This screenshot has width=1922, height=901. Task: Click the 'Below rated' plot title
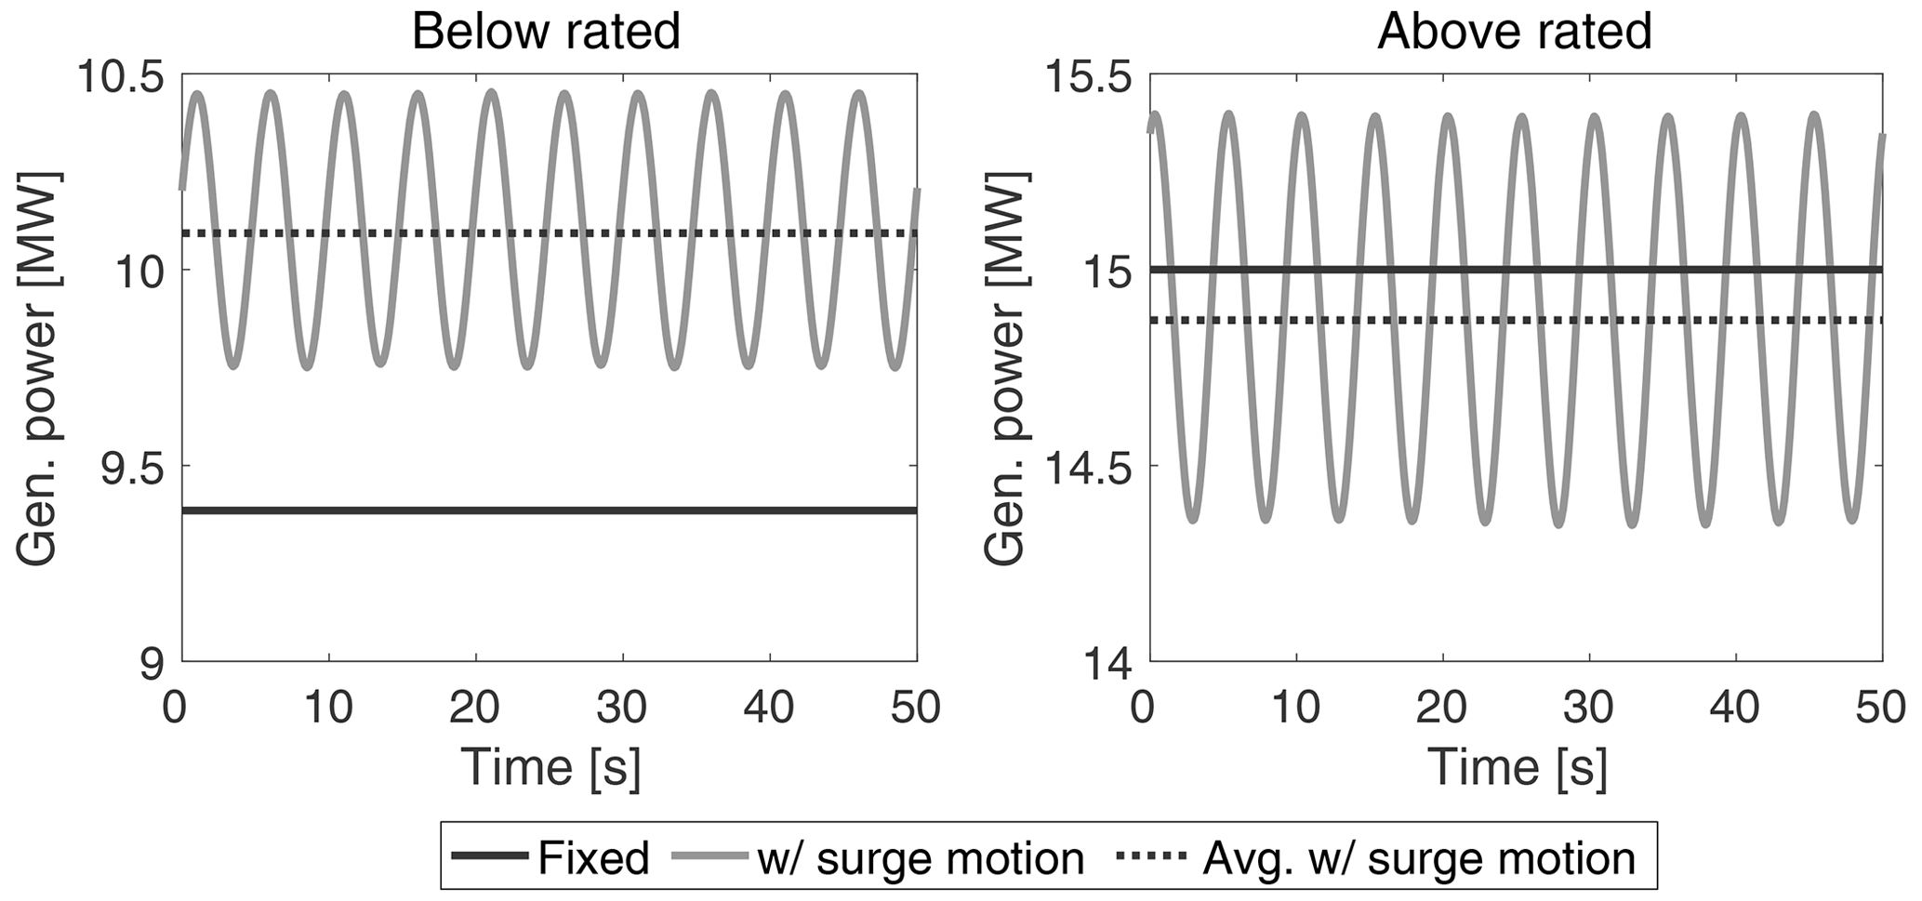547,32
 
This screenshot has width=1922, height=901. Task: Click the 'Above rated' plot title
1515,32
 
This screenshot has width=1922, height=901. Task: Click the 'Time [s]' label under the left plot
550,768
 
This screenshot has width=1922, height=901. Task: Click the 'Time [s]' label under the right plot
1518,768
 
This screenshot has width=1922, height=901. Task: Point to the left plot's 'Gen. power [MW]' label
37,368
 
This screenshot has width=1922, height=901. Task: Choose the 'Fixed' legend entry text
593,858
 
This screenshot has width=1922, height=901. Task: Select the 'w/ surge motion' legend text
921,858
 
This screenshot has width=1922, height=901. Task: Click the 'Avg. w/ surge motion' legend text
1418,858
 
